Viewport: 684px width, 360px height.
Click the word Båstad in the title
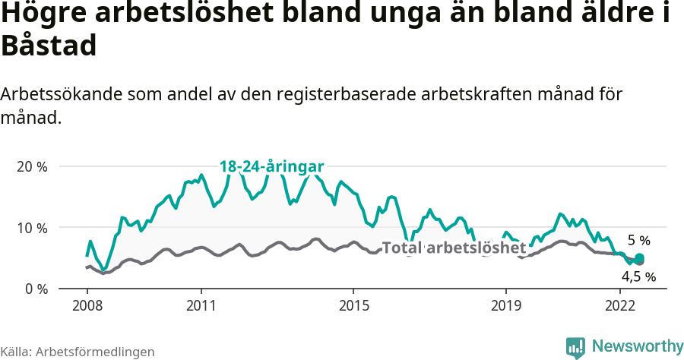coord(49,46)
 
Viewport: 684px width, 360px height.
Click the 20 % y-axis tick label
coord(32,166)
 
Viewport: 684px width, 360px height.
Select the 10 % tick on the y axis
coord(32,228)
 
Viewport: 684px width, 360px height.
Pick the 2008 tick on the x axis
coord(87,306)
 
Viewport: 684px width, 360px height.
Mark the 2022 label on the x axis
coord(620,306)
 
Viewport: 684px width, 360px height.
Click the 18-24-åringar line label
coord(272,166)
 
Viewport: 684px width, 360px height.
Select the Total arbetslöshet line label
coord(454,248)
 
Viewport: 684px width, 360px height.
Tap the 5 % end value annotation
coord(638,241)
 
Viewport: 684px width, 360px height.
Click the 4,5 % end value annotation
coord(638,276)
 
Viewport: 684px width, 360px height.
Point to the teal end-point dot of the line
coord(639,258)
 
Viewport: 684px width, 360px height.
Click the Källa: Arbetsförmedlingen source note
coord(78,352)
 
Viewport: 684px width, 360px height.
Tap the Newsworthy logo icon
coord(575,347)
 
